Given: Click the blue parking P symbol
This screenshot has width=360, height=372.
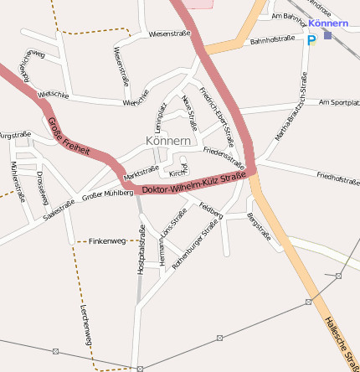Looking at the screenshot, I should point(311,39).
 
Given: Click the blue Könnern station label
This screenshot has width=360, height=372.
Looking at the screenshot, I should point(322,23).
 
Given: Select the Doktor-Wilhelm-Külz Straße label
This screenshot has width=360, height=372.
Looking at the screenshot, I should point(193,184).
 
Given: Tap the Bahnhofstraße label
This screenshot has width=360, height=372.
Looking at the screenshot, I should point(272,39).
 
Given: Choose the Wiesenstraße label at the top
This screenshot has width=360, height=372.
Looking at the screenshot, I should point(169,34).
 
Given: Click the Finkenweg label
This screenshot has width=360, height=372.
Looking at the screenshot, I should point(107,240).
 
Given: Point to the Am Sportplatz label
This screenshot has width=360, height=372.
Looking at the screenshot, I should point(339,102).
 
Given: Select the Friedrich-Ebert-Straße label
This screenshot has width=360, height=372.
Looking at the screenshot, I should point(216,117).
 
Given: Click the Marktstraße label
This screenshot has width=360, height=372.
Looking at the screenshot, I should point(141,173).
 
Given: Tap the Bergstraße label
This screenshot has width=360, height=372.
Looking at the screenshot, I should point(260,226).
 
